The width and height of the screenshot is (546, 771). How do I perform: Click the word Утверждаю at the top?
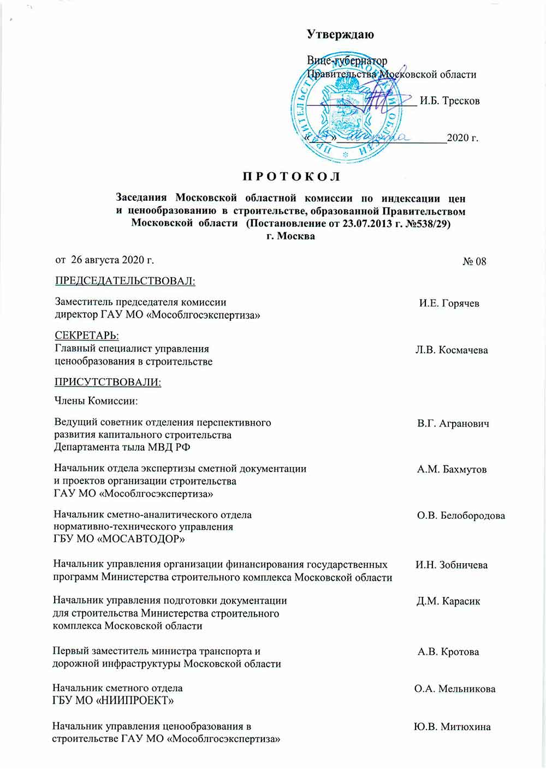[340, 35]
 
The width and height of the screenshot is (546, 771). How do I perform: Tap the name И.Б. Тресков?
[450, 101]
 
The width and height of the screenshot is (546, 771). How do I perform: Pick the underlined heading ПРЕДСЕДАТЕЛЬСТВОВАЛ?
[125, 282]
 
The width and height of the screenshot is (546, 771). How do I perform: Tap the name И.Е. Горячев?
[449, 303]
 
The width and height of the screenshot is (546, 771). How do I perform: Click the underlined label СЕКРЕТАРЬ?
[87, 336]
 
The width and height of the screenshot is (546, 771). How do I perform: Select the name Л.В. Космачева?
[452, 350]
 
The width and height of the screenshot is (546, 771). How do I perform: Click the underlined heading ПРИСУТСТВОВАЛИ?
[108, 382]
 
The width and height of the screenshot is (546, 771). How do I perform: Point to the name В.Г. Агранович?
[453, 423]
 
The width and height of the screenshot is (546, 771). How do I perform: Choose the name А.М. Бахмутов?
[452, 469]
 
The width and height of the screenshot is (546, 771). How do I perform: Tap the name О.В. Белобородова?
[461, 516]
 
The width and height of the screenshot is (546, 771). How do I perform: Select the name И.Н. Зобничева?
[452, 565]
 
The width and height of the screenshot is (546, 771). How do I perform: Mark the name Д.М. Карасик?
[448, 601]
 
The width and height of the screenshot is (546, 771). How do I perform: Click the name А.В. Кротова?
[448, 652]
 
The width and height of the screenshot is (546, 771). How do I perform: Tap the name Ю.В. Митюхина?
[452, 727]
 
